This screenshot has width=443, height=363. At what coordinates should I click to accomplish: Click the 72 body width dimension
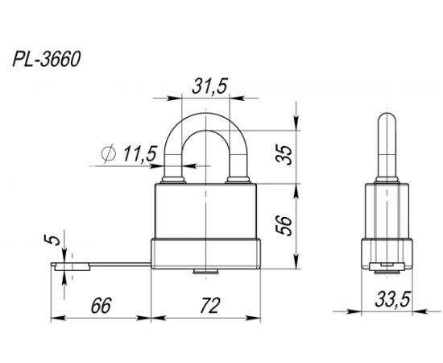[x=208, y=307]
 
